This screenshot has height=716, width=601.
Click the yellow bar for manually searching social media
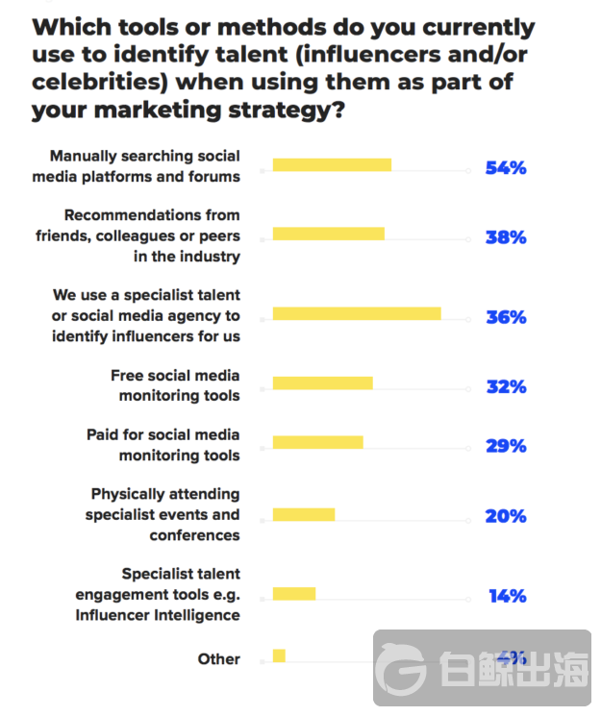[332, 165]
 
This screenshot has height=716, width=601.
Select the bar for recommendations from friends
[328, 234]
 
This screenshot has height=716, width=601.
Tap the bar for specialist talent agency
[357, 313]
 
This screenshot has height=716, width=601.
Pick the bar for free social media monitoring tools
[322, 383]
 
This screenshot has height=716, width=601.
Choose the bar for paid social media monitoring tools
[317, 442]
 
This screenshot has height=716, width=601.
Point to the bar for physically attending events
[304, 514]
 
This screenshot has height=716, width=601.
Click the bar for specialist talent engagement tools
[294, 594]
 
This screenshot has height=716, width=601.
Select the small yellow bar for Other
[279, 655]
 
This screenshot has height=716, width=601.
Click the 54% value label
[506, 168]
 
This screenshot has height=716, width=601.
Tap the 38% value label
[506, 236]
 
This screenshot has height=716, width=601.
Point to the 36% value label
[506, 316]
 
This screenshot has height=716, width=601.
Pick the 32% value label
[506, 386]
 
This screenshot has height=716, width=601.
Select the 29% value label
[506, 445]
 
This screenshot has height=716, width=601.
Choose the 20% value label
[506, 516]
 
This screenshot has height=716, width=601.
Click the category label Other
[218, 659]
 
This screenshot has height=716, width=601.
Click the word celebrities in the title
[96, 83]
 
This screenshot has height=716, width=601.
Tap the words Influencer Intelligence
[158, 615]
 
